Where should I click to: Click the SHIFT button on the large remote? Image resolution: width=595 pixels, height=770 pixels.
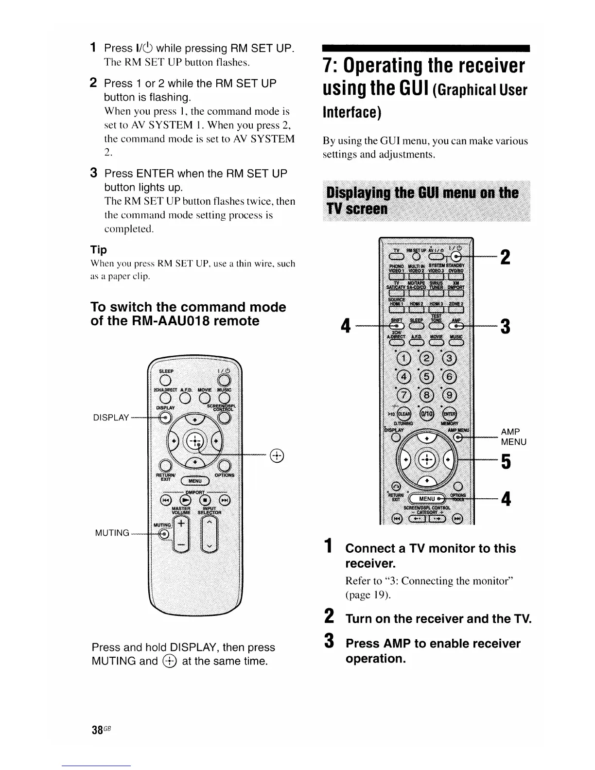point(396,326)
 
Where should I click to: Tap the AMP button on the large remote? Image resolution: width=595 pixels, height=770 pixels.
point(455,326)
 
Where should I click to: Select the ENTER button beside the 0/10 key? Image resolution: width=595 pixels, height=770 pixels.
point(450,414)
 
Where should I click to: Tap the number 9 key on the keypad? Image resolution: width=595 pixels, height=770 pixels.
point(449,395)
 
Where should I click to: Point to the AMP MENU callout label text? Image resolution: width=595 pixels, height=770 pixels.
point(513,437)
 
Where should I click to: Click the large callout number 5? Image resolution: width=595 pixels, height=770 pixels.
point(506,462)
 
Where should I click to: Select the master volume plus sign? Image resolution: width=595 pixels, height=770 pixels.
point(181,524)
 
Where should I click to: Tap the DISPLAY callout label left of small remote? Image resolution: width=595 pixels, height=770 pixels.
point(112,418)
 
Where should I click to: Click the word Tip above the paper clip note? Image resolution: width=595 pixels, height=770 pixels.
point(99,250)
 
